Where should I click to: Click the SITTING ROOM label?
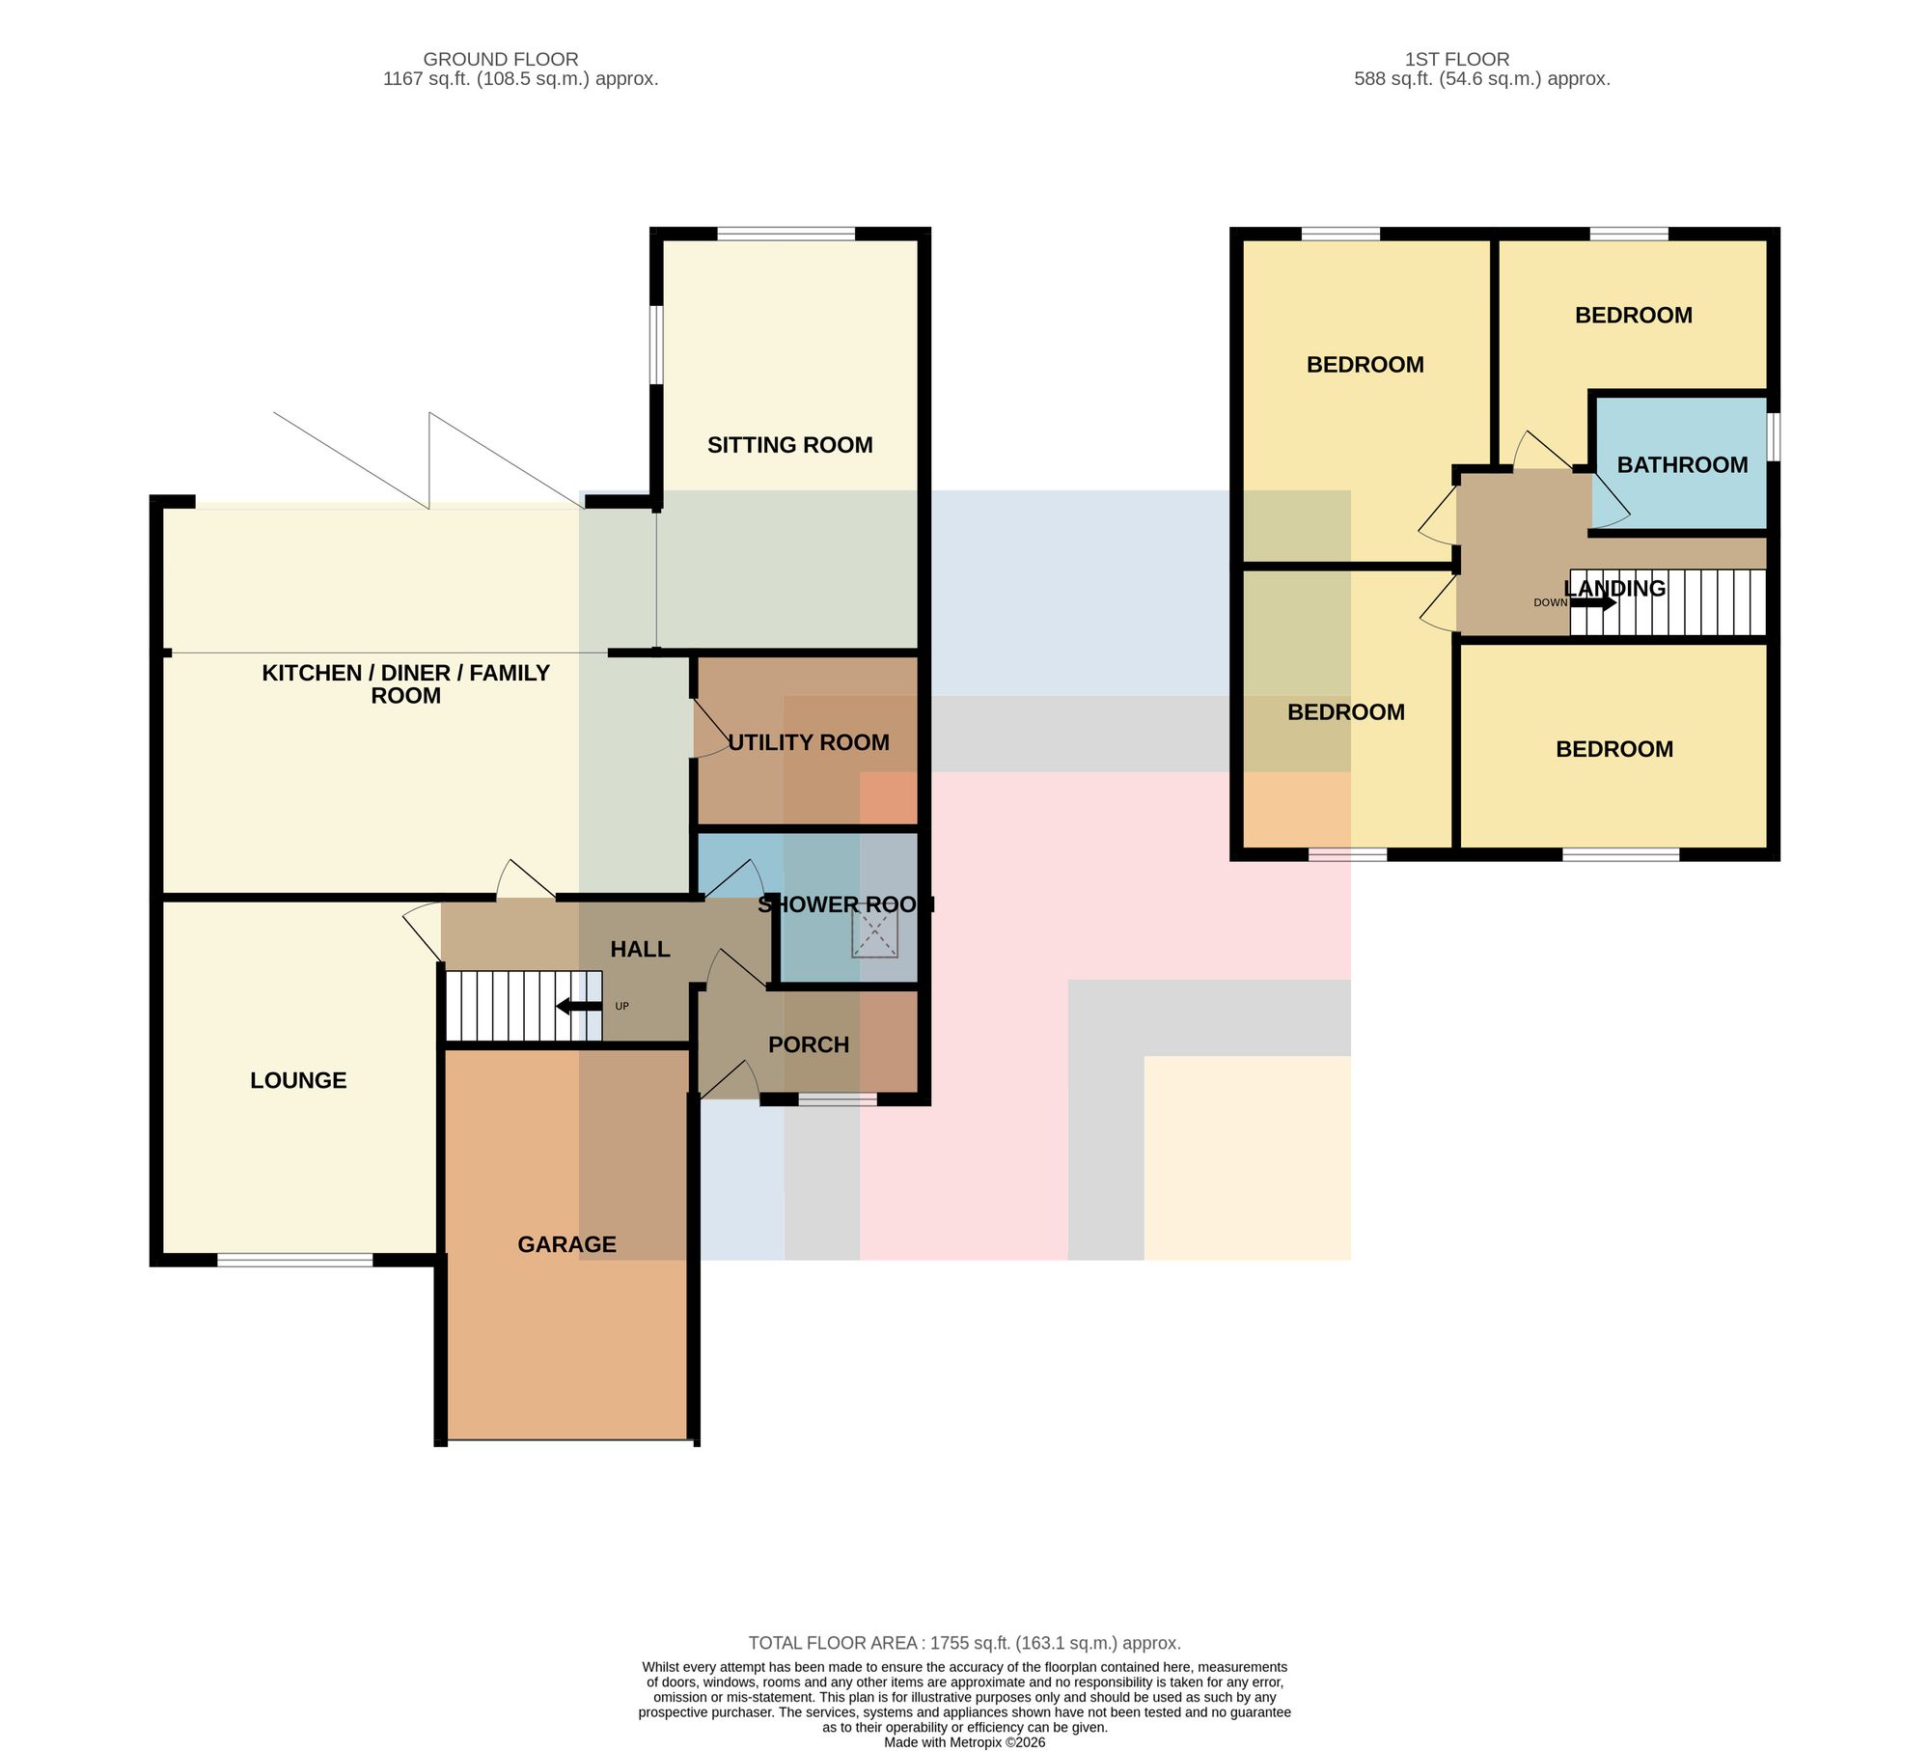[x=789, y=445]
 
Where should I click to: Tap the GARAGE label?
[x=566, y=1244]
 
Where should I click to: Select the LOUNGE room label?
[x=298, y=1080]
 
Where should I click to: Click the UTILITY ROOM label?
[x=809, y=742]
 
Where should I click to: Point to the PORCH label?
[x=809, y=1044]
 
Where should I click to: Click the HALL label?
[x=640, y=949]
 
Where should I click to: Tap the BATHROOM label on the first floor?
[x=1682, y=464]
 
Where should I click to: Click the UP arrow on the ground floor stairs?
[x=579, y=1007]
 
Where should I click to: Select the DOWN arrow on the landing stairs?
[x=1593, y=603]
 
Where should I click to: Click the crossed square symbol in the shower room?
[x=874, y=932]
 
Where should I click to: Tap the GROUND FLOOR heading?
[x=501, y=59]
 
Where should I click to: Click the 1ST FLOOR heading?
[x=1457, y=59]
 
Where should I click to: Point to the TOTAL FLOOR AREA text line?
[x=965, y=1642]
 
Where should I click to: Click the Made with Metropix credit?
[x=965, y=1742]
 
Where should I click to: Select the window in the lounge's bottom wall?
[x=295, y=1260]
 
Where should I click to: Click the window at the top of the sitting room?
[x=786, y=233]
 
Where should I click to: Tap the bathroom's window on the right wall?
[x=1774, y=437]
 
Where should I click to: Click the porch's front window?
[x=838, y=1098]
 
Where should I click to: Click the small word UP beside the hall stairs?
[x=621, y=1006]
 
